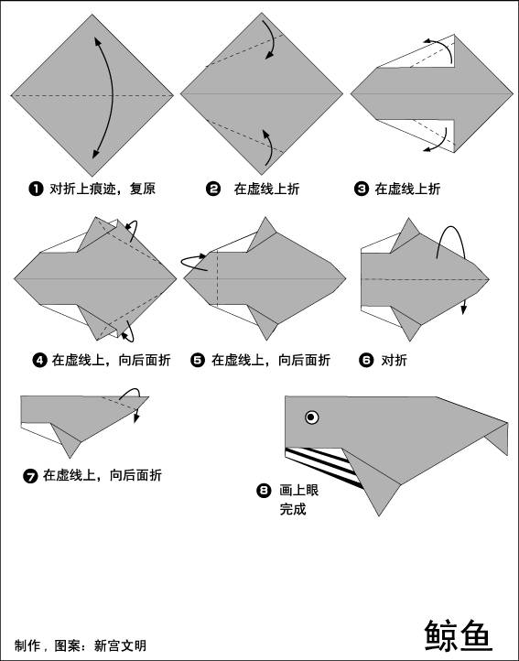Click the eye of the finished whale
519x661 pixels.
coord(311,417)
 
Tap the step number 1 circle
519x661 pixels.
coord(37,189)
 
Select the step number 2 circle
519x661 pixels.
coord(213,189)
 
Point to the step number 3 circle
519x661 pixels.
coord(362,189)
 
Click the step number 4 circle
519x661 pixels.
coord(39,361)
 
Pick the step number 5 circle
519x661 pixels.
coord(198,361)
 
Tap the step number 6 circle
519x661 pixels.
coord(366,361)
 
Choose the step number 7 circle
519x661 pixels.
coord(30,476)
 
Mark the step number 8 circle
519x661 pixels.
coord(264,491)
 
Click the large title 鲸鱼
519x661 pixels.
coord(459,635)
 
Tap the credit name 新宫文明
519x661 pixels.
coord(120,645)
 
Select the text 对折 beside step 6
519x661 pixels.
coord(394,361)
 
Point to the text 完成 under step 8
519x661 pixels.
coord(293,509)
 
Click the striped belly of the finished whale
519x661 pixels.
coord(322,466)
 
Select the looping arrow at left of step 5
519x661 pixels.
coord(194,262)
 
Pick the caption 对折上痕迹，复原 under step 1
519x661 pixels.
coord(103,189)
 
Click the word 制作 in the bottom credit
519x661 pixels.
coord(27,645)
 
